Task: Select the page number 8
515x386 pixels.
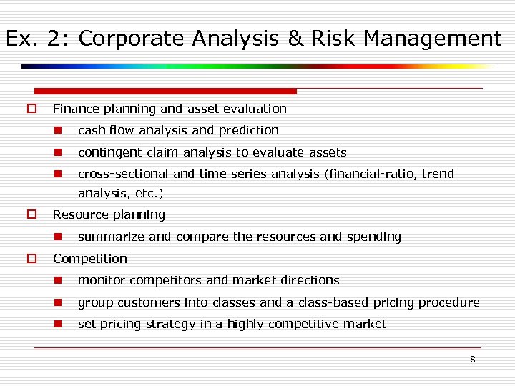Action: coord(472,360)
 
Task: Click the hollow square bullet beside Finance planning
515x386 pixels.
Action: coord(31,109)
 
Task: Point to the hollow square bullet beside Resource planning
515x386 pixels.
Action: coord(31,214)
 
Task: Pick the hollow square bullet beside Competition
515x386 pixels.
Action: coord(31,259)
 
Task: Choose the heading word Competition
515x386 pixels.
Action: coord(90,259)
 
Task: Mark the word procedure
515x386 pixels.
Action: coord(450,302)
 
